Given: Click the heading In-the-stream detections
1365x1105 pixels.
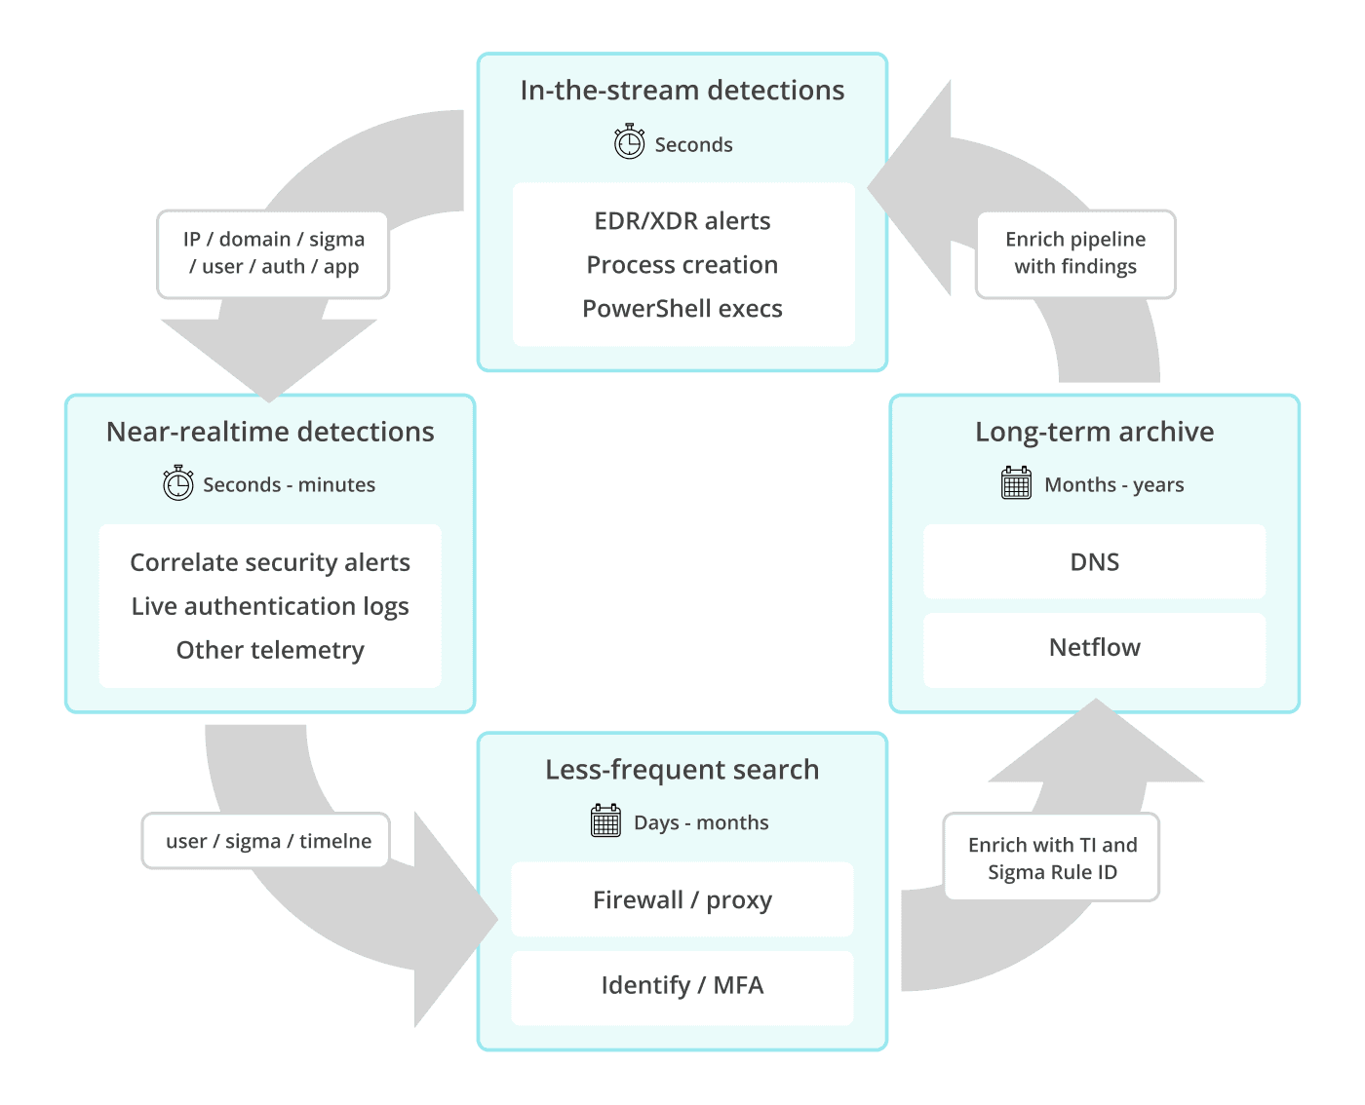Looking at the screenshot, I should (682, 91).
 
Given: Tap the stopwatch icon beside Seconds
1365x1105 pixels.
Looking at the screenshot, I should (629, 142).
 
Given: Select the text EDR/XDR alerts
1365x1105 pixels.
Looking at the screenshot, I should (682, 221).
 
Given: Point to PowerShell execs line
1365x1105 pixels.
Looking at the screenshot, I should (682, 309).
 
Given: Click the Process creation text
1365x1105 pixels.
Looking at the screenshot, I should (682, 265).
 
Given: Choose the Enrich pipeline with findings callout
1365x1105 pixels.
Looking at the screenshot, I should (1075, 253).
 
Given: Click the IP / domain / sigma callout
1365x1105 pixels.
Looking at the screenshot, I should (273, 253).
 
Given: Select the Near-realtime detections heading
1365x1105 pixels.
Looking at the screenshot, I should (270, 432).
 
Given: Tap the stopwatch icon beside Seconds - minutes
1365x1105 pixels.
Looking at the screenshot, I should (177, 483).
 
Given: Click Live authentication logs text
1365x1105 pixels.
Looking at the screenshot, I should (270, 606).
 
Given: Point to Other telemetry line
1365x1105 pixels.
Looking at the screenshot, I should (270, 650).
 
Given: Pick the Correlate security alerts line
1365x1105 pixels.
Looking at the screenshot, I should (270, 562).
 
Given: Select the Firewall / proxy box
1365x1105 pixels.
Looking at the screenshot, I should (682, 899).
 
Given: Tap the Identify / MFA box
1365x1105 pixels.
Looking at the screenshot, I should (682, 986).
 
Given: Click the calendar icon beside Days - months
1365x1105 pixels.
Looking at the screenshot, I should (605, 820).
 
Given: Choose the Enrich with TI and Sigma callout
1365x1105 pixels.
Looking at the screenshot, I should (1052, 857).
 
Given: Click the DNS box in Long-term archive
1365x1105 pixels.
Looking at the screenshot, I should (1094, 562).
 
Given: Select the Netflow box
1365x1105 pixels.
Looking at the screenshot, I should (1094, 649).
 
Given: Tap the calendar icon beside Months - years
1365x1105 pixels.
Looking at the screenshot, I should (1016, 482).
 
